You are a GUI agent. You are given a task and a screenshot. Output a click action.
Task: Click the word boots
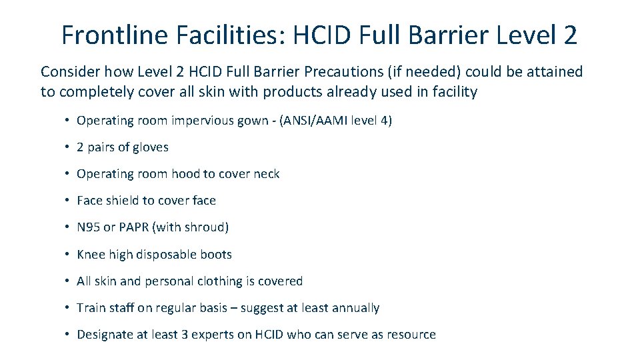tap(215, 255)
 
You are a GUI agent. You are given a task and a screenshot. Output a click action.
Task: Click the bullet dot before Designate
tap(68, 335)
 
